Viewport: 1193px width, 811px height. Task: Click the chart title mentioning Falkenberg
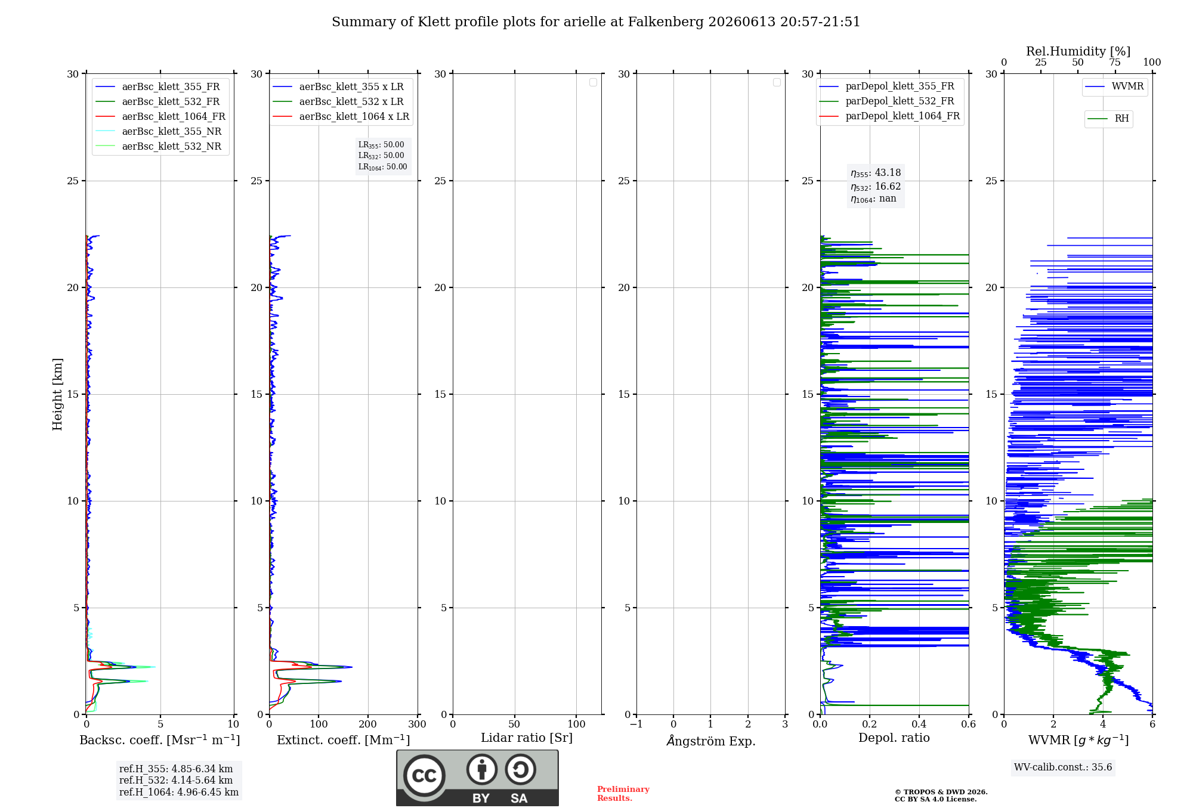click(x=596, y=22)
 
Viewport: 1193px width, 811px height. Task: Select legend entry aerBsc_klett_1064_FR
click(x=160, y=117)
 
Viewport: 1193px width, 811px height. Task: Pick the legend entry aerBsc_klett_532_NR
click(x=159, y=147)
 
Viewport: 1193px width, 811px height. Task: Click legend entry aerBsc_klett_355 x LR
click(x=338, y=87)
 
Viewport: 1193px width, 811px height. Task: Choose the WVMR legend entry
click(x=1114, y=86)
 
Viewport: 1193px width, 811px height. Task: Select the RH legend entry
click(x=1108, y=119)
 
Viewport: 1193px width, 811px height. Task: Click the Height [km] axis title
click(x=57, y=394)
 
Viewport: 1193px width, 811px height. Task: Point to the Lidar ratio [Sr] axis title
click(x=527, y=738)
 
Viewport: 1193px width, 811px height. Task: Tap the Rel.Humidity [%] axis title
click(x=1078, y=51)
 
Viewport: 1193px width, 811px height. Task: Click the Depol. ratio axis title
click(x=894, y=738)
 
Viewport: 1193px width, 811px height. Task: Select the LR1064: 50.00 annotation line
click(x=383, y=167)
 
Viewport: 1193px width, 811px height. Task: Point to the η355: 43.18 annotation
click(x=876, y=173)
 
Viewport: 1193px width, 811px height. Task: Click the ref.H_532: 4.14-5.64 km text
click(x=176, y=781)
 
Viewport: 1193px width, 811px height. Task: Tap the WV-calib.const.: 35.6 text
click(x=1063, y=767)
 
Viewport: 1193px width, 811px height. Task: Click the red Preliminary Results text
click(x=623, y=794)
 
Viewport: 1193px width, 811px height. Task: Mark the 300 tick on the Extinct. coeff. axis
click(x=418, y=725)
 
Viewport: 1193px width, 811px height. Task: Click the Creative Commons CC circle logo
click(x=424, y=776)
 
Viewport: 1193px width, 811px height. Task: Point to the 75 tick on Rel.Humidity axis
click(x=1114, y=63)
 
